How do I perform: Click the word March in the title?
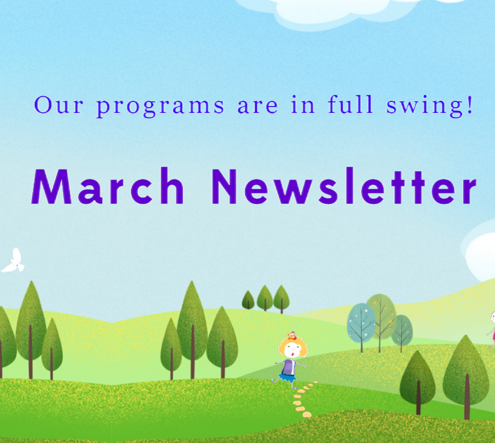point(108,186)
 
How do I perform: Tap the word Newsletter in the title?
point(344,186)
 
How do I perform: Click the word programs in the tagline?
point(160,107)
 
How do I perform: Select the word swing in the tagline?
point(424,106)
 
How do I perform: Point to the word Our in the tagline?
point(58,105)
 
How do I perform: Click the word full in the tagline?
point(350,104)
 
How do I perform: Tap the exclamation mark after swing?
point(470,105)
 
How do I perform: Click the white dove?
point(13,261)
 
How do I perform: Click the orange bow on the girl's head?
point(291,335)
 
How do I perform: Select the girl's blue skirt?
point(288,378)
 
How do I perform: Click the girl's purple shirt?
point(289,367)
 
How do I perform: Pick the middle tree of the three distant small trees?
point(265,298)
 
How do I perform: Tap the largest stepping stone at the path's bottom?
point(307,415)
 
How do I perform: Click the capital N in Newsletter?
point(224,186)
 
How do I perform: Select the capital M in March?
point(52,186)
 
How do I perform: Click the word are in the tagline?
point(258,107)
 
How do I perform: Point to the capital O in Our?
point(43,105)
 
